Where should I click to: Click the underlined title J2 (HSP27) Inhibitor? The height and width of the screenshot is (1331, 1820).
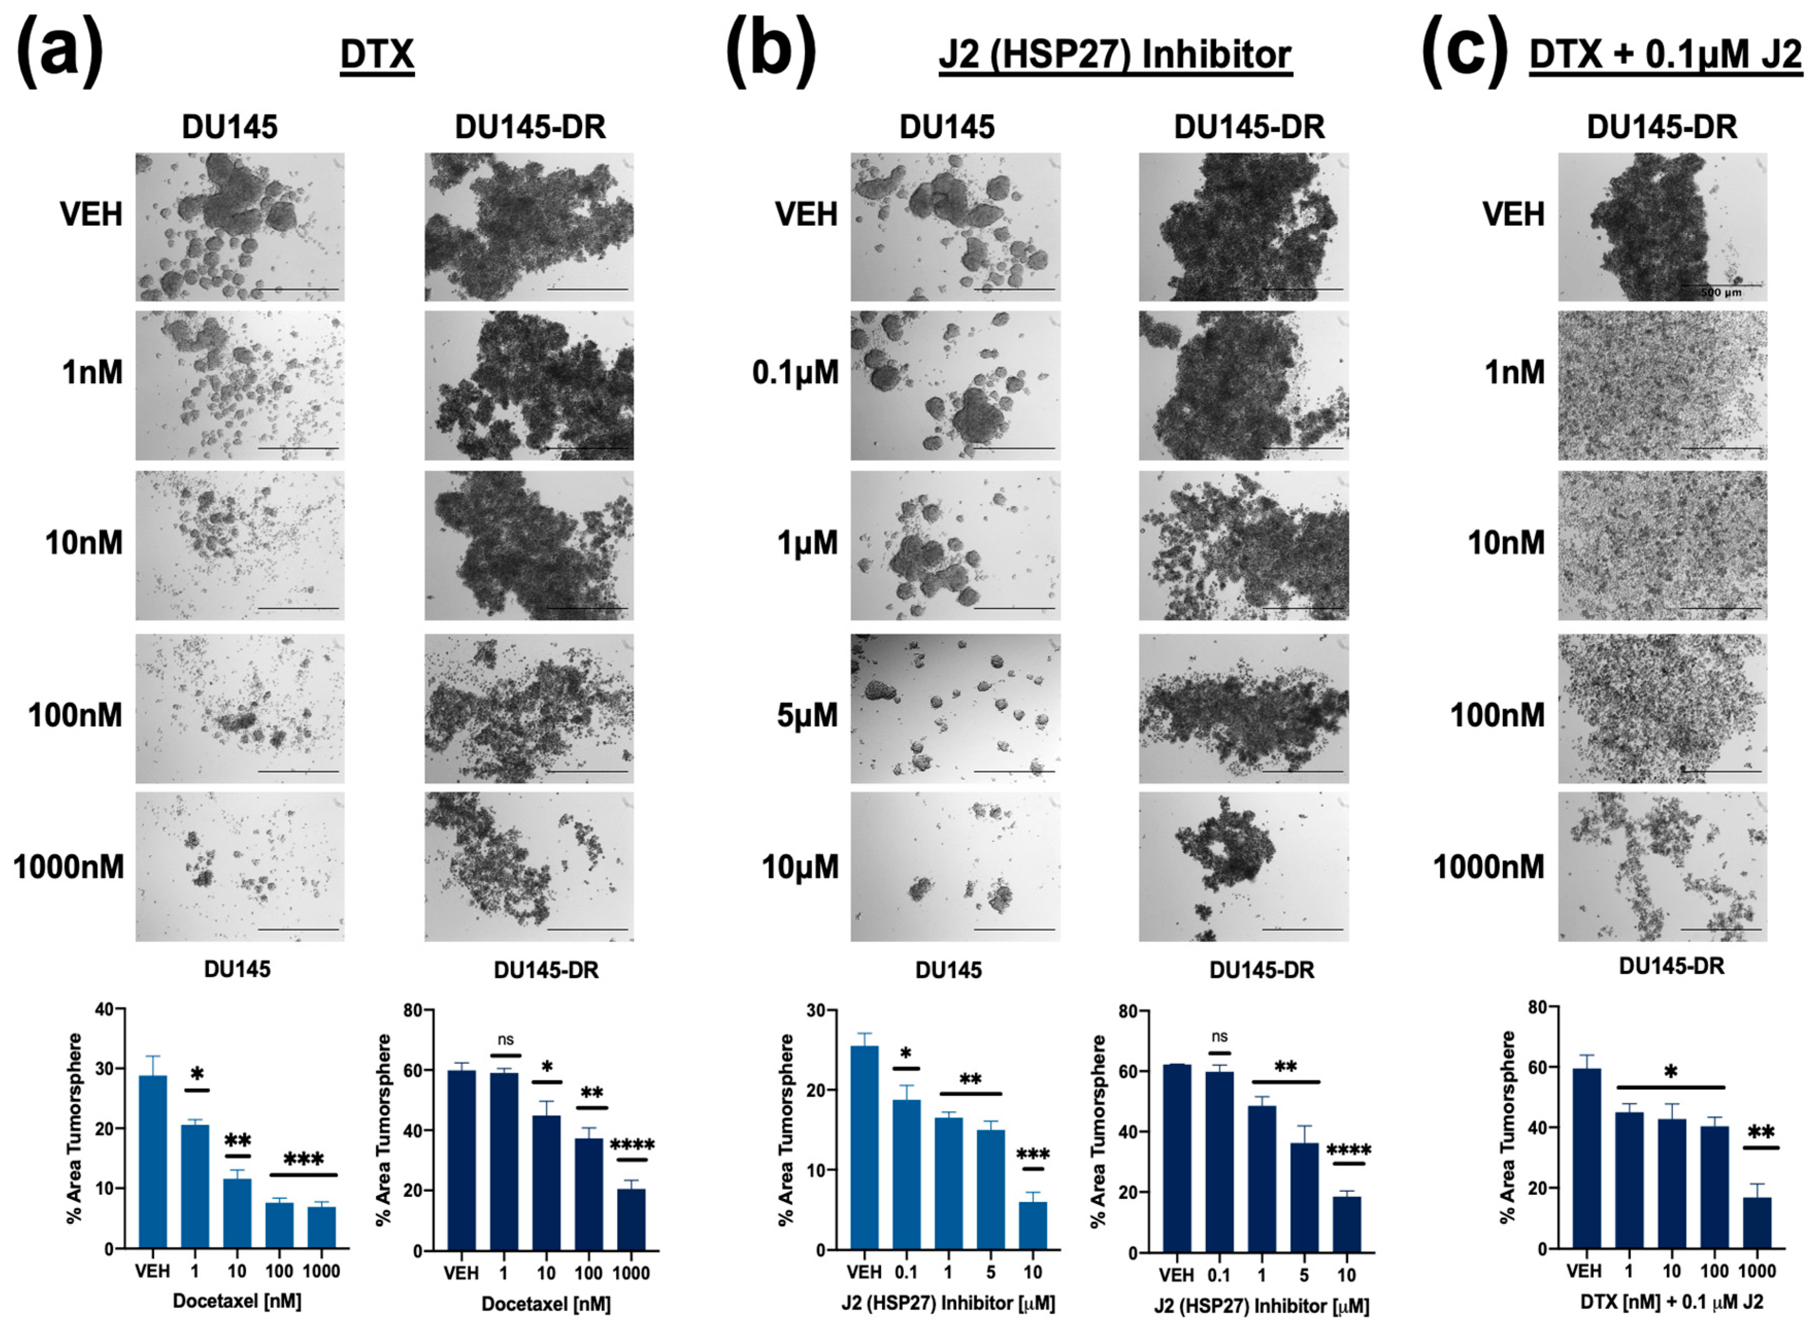(x=1115, y=55)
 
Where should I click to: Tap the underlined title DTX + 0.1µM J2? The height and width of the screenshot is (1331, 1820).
(x=1665, y=55)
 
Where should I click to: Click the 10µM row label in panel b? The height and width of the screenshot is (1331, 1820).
(x=800, y=867)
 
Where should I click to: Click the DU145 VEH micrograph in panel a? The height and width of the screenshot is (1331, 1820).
(x=239, y=227)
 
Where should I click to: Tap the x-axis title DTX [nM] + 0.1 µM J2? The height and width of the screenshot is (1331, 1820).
(x=1671, y=1301)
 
